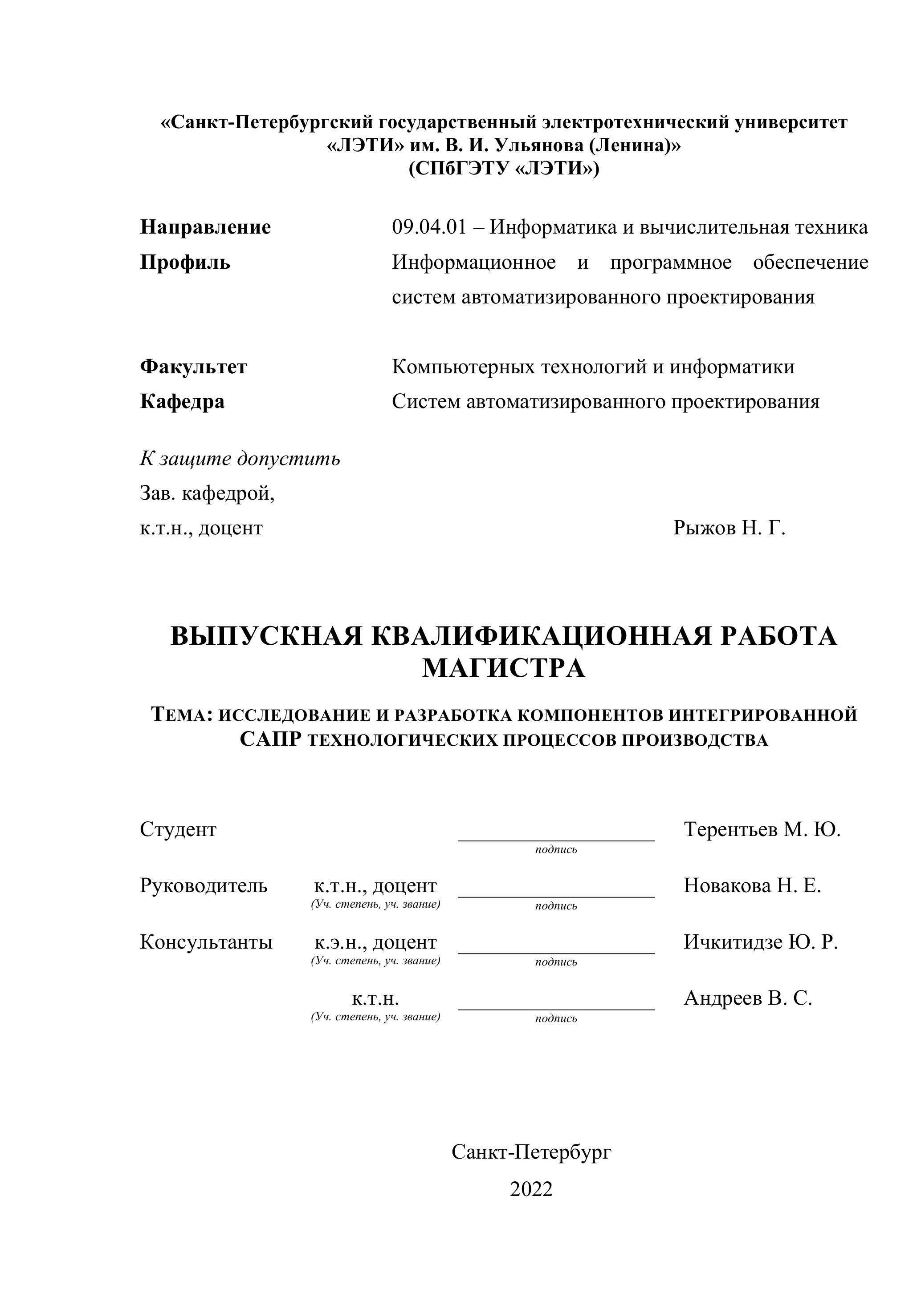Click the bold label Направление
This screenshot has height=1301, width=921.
(205, 227)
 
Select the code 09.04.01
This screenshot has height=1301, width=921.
(429, 227)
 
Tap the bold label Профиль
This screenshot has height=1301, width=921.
(185, 263)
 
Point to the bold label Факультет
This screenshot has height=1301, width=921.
(193, 367)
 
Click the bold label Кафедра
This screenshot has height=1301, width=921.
(182, 402)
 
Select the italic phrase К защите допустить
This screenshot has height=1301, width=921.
(240, 458)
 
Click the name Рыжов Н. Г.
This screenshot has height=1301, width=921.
(729, 528)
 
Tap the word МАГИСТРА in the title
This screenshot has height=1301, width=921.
(504, 669)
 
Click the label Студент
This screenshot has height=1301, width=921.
(178, 829)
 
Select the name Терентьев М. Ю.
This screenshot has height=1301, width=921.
(762, 829)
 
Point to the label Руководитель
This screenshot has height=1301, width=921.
(204, 886)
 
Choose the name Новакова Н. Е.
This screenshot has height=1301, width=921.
(752, 886)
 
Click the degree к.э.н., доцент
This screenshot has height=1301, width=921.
(375, 942)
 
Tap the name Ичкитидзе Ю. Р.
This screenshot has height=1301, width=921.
(761, 942)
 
